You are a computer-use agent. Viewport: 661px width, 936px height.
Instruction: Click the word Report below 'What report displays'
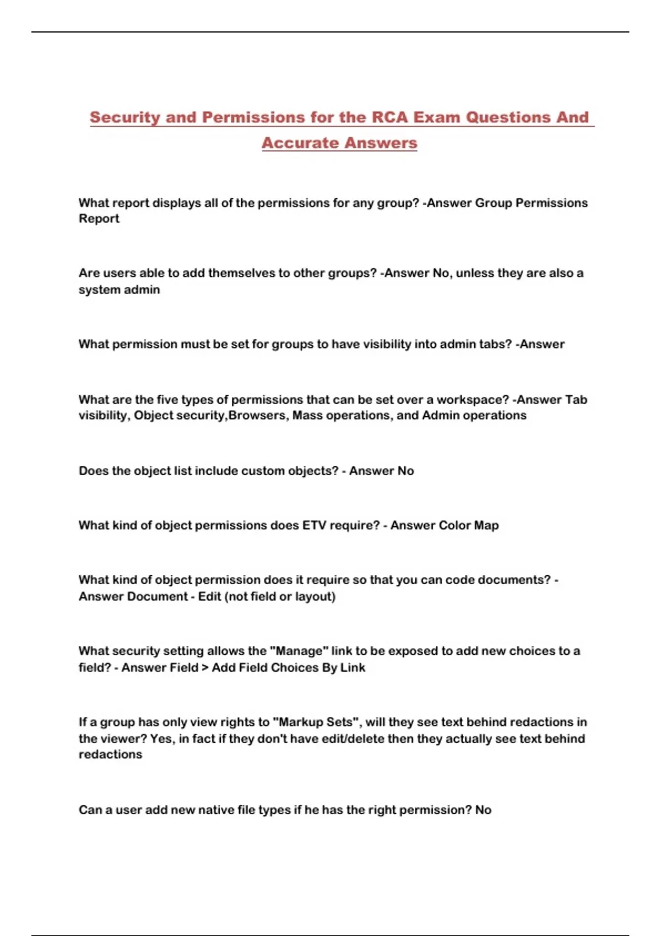tap(99, 219)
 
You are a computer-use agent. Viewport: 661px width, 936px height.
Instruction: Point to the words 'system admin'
tap(119, 290)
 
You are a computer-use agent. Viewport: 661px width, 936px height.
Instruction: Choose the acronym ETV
tap(314, 525)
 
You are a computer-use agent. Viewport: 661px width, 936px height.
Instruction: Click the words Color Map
tap(468, 525)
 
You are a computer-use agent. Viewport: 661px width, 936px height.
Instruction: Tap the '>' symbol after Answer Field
tap(205, 667)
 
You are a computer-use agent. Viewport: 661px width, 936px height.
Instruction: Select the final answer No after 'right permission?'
tap(483, 810)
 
